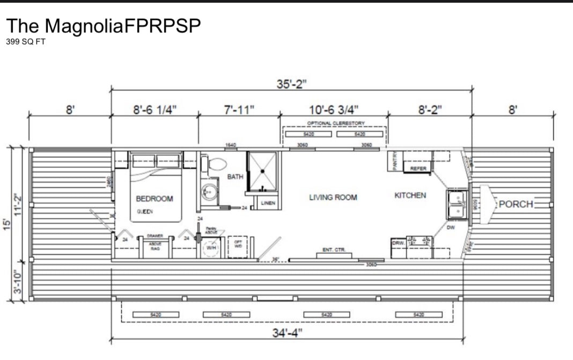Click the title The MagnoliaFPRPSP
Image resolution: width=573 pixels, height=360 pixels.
pyautogui.click(x=104, y=26)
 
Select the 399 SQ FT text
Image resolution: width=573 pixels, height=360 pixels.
pyautogui.click(x=26, y=42)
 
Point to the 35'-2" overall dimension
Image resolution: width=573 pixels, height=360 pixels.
pyautogui.click(x=291, y=84)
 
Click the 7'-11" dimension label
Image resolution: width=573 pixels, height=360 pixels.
pyautogui.click(x=239, y=109)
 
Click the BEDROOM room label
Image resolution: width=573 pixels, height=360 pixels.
pyautogui.click(x=155, y=199)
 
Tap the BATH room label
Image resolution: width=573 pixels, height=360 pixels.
pyautogui.click(x=235, y=176)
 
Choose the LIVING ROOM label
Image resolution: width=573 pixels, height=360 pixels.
pyautogui.click(x=333, y=197)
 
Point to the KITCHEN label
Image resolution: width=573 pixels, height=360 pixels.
pyautogui.click(x=410, y=195)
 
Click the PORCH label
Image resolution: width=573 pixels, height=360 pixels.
pyautogui.click(x=516, y=204)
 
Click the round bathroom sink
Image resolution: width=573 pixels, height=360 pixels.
pyautogui.click(x=209, y=190)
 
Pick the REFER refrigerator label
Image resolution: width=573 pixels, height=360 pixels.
pyautogui.click(x=418, y=168)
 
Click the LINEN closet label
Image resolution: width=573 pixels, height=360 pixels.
pyautogui.click(x=268, y=203)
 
